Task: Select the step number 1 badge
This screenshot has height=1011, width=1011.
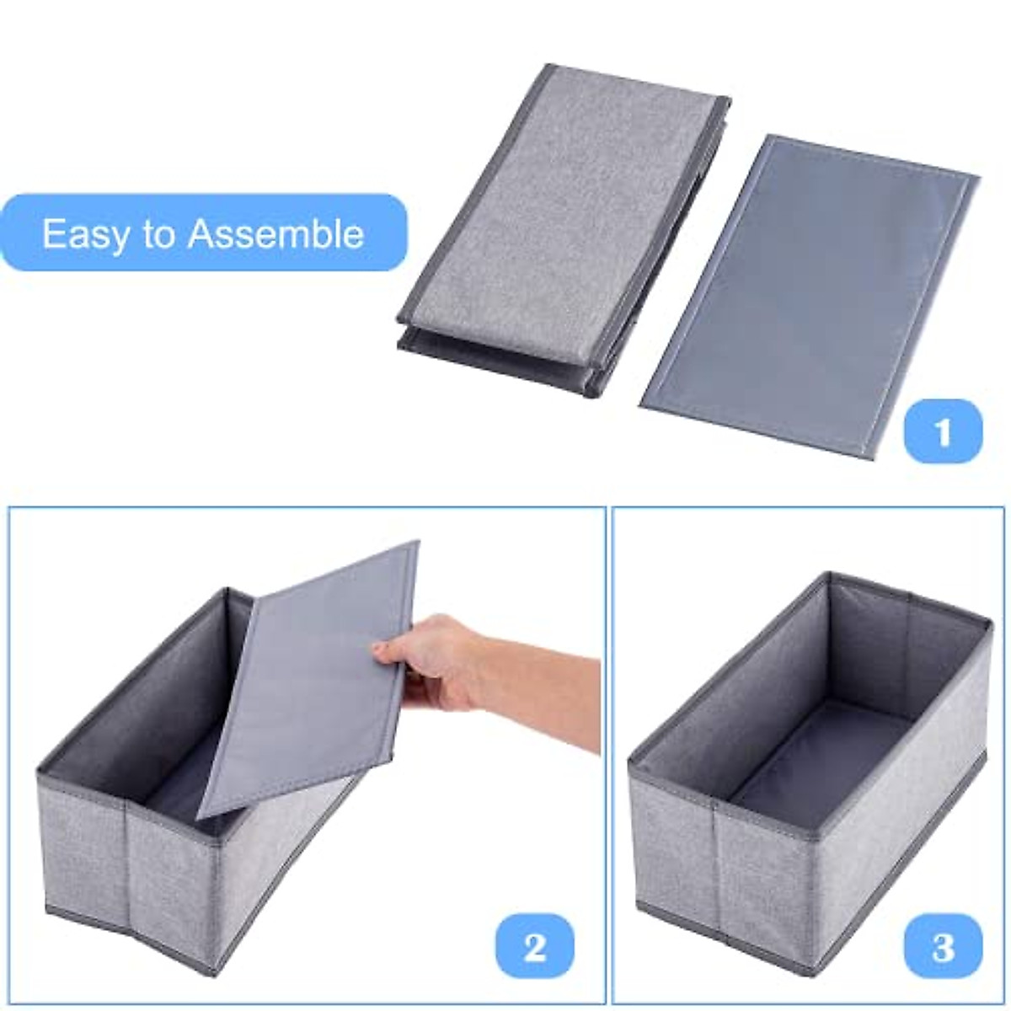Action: pyautogui.click(x=943, y=431)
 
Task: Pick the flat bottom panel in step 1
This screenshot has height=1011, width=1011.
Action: pyautogui.click(x=809, y=295)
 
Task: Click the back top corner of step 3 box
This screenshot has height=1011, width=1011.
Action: pyautogui.click(x=830, y=577)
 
